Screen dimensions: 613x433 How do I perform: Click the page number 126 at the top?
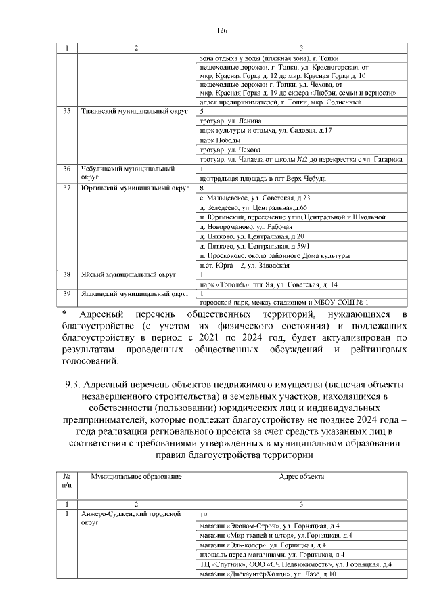(221, 30)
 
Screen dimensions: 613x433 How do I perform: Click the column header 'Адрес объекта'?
(301, 478)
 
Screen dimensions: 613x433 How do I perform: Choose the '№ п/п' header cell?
(66, 482)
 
